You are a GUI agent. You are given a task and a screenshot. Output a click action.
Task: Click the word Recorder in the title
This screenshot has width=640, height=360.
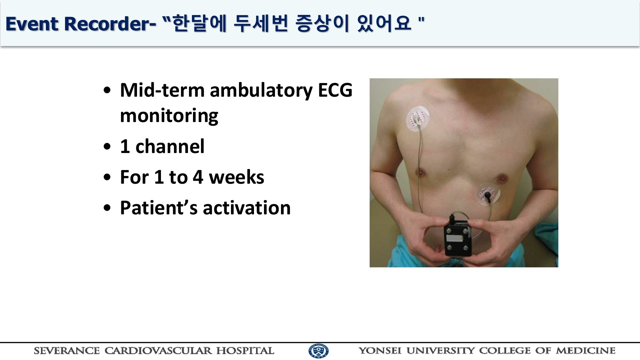pyautogui.click(x=110, y=24)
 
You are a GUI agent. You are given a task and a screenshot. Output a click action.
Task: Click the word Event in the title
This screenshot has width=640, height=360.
pyautogui.click(x=32, y=24)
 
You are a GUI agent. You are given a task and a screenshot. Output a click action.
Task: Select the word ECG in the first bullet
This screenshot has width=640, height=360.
pyautogui.click(x=335, y=90)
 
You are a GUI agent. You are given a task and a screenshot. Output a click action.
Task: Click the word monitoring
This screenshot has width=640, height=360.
pyautogui.click(x=169, y=116)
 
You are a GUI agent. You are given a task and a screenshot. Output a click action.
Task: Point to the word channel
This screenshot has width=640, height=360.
pyautogui.click(x=170, y=146)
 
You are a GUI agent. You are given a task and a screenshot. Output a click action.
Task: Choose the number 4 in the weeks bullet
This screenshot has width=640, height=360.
pyautogui.click(x=198, y=177)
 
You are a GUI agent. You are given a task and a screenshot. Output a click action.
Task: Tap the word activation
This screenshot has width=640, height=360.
pyautogui.click(x=247, y=208)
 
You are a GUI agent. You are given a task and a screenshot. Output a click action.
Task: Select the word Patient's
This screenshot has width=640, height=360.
pyautogui.click(x=159, y=208)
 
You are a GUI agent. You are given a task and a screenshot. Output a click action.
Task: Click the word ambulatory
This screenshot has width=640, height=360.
pyautogui.click(x=261, y=90)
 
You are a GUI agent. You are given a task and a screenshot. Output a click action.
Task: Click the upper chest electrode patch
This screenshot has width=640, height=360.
pyautogui.click(x=417, y=119)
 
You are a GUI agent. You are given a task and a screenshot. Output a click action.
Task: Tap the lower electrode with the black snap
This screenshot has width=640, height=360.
pyautogui.click(x=489, y=195)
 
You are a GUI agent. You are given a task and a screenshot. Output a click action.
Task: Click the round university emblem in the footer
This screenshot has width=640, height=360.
pyautogui.click(x=318, y=351)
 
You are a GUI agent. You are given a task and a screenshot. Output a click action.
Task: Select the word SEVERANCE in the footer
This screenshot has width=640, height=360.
pyautogui.click(x=67, y=351)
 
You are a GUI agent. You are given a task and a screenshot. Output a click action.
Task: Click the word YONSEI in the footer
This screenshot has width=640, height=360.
pyautogui.click(x=380, y=351)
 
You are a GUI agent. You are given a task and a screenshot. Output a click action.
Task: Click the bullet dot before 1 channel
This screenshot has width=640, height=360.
pyautogui.click(x=107, y=147)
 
